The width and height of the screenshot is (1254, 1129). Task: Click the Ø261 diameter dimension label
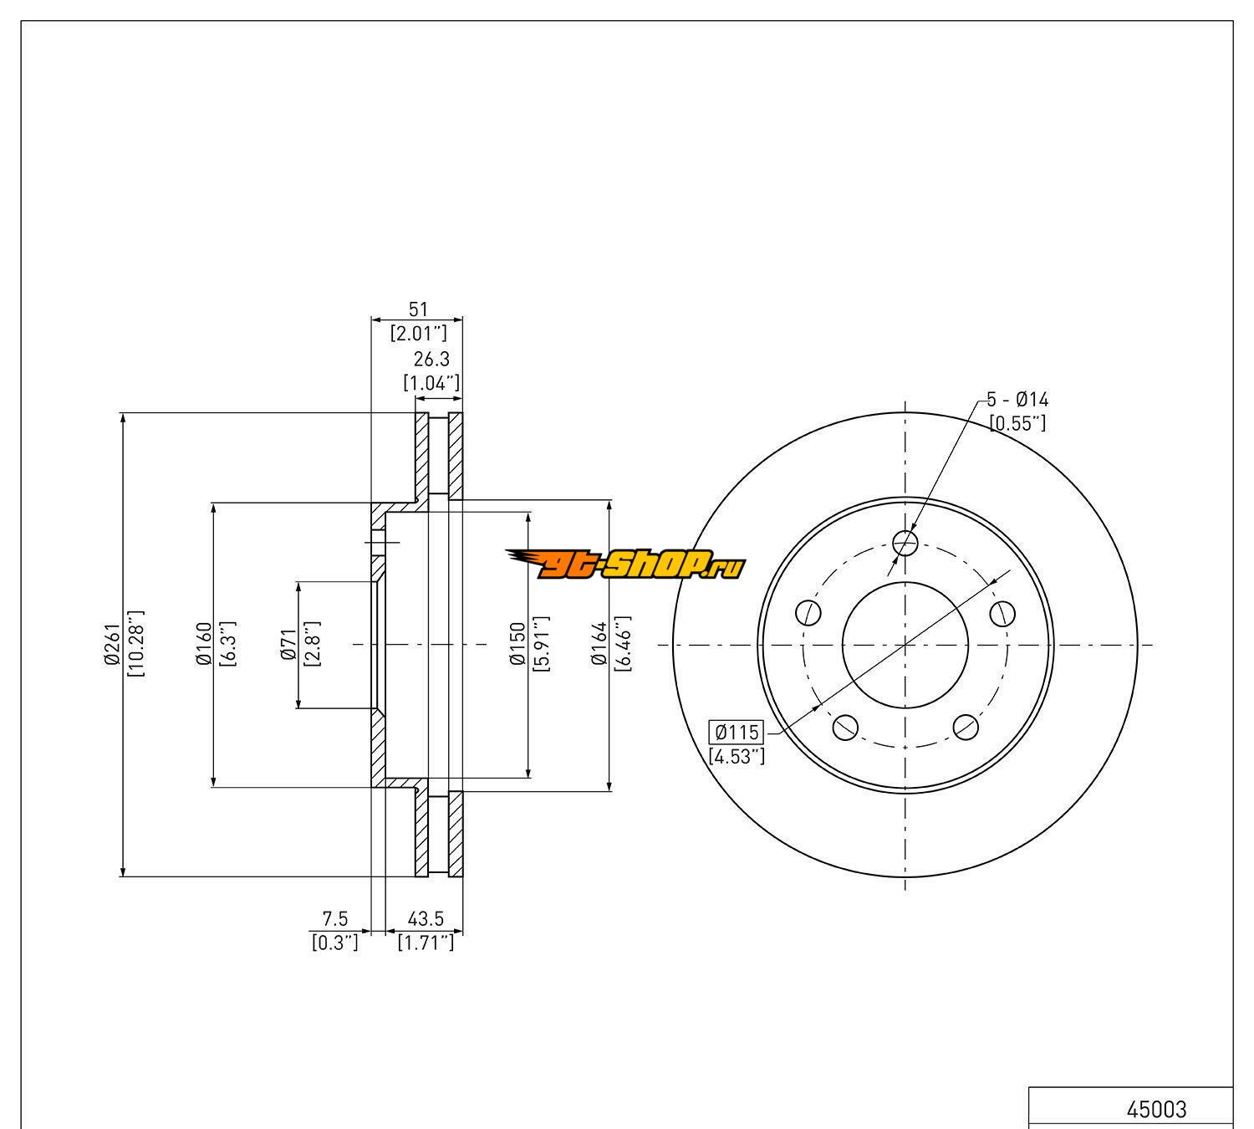click(112, 646)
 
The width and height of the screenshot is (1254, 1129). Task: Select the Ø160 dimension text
click(203, 645)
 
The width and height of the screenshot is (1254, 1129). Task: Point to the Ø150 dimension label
click(517, 645)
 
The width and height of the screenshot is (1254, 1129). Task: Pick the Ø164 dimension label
click(599, 645)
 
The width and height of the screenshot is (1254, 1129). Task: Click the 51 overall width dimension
click(417, 309)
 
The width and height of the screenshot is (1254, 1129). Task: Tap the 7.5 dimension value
click(335, 919)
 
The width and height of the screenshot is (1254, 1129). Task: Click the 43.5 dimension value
click(426, 919)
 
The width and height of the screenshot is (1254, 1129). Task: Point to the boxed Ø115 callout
click(737, 733)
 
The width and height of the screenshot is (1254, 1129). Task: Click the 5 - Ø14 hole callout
click(1017, 400)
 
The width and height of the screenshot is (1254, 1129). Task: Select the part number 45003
click(1156, 1109)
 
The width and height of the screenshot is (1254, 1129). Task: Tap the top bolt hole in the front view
click(905, 544)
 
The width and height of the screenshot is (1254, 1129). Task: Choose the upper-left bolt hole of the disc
click(808, 612)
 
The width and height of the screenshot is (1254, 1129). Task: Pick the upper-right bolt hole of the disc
click(1002, 613)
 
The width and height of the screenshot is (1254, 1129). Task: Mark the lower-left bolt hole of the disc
click(845, 728)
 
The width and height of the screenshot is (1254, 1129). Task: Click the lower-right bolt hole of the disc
click(966, 727)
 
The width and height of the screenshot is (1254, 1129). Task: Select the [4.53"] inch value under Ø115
click(737, 757)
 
